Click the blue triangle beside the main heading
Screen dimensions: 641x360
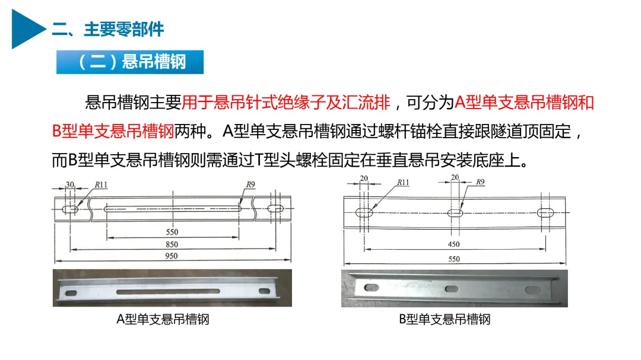click(x=26, y=29)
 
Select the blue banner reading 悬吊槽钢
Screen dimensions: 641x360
click(x=130, y=62)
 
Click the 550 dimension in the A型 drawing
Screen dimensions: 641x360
click(x=172, y=232)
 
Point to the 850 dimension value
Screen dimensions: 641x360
click(x=172, y=244)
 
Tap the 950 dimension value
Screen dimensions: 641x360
click(x=172, y=256)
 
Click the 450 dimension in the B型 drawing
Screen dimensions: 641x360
click(x=454, y=244)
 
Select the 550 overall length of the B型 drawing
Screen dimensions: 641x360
click(x=454, y=259)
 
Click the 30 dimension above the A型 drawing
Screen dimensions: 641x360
click(x=70, y=184)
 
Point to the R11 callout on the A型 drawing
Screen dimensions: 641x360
click(x=101, y=184)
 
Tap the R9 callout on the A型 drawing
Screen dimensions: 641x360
click(x=250, y=184)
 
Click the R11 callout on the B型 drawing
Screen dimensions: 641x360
click(x=403, y=182)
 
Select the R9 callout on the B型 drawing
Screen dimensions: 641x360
click(x=480, y=182)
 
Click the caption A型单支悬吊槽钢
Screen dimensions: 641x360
click(x=163, y=319)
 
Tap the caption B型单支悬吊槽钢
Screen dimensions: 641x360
click(x=445, y=319)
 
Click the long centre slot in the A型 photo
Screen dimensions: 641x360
click(x=168, y=292)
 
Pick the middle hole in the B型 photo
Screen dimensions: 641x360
click(x=452, y=289)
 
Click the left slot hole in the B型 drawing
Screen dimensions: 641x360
click(x=364, y=212)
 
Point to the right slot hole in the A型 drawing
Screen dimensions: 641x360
click(x=275, y=208)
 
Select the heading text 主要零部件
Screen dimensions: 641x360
click(x=124, y=30)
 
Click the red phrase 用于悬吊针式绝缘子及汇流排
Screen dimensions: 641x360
click(x=285, y=102)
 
